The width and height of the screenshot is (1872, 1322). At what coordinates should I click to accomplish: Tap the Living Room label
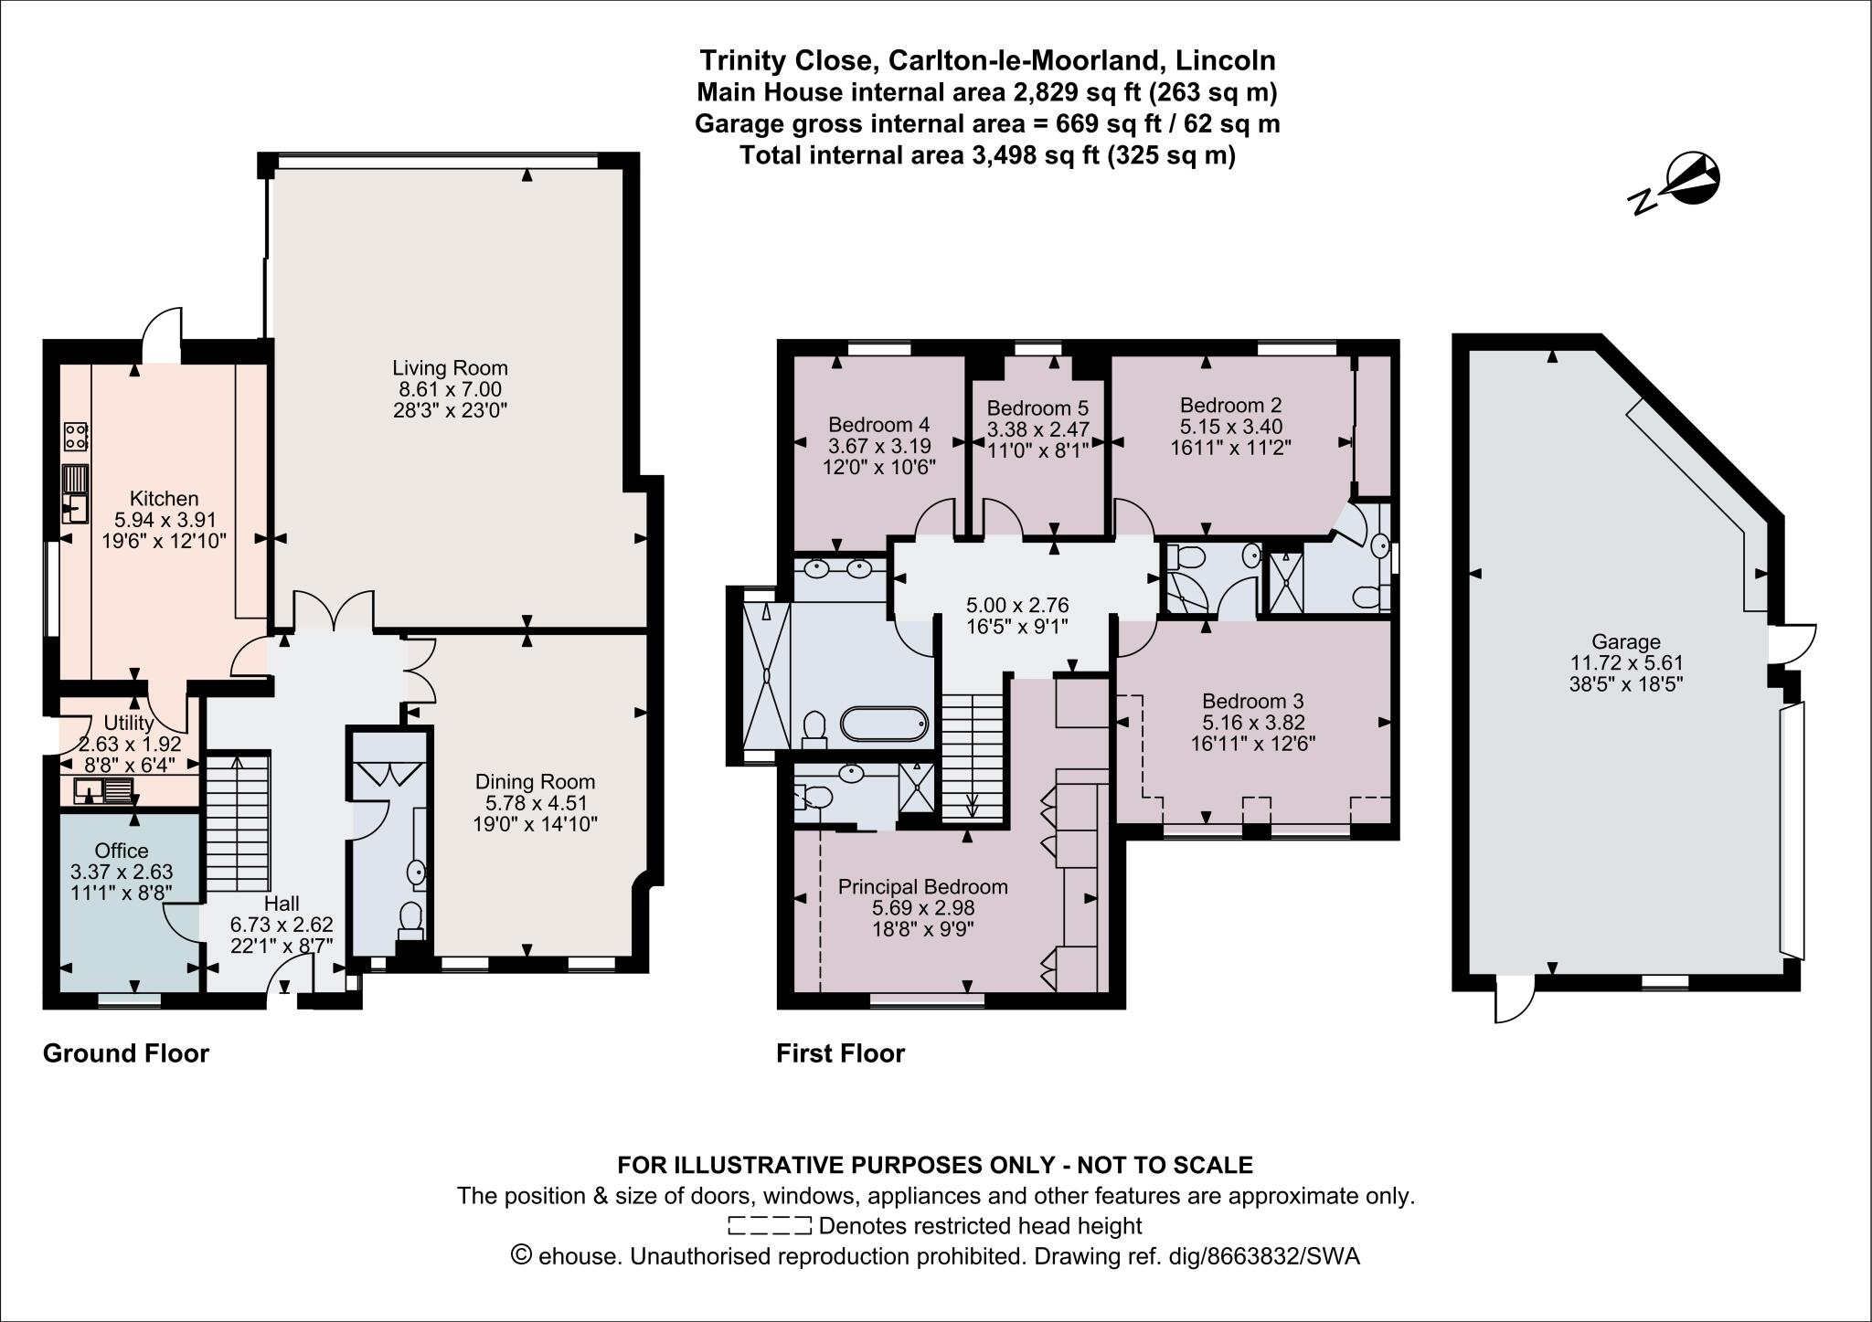pos(450,368)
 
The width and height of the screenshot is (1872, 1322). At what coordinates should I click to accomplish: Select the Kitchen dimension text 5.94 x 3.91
pos(164,520)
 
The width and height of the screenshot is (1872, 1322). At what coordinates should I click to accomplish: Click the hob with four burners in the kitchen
pos(75,436)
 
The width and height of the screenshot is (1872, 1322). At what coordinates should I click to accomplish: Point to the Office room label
pos(121,851)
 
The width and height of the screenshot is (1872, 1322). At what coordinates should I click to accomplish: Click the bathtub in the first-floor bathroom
pos(884,724)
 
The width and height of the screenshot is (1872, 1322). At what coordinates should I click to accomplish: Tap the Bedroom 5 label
pos(1037,407)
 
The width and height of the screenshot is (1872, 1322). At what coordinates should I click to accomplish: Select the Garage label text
pos(1625,641)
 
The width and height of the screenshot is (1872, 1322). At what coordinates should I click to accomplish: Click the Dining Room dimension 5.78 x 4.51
pos(535,803)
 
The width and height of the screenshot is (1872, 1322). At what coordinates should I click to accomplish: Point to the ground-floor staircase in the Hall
pos(236,822)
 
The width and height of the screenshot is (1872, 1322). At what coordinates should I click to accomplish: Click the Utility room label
pos(129,724)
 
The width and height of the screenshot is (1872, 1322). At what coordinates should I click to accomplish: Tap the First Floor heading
pos(840,1053)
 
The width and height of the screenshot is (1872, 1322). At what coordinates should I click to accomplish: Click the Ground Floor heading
pos(126,1053)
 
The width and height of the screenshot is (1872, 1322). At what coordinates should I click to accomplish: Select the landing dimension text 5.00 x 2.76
pos(1017,605)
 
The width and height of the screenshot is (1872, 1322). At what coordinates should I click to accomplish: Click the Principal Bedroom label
pos(923,886)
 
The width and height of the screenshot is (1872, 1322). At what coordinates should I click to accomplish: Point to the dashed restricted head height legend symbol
pos(769,1225)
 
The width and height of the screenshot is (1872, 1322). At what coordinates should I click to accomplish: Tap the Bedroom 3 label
pos(1252,701)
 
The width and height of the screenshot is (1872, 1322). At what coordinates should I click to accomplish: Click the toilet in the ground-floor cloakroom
pos(410,918)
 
